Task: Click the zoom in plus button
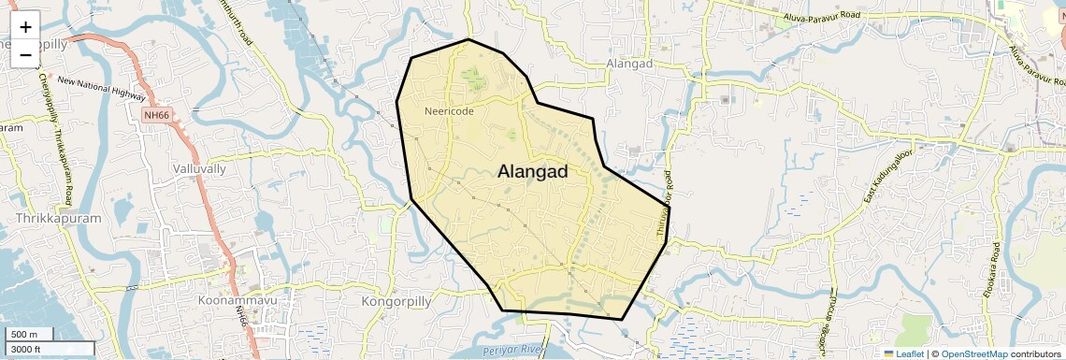pyautogui.click(x=25, y=27)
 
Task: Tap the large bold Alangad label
pyautogui.click(x=533, y=171)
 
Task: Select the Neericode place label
pyautogui.click(x=449, y=111)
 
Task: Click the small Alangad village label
pyautogui.click(x=629, y=64)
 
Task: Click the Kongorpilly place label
pyautogui.click(x=399, y=302)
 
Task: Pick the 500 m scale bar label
pyautogui.click(x=24, y=335)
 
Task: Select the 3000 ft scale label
pyautogui.click(x=25, y=349)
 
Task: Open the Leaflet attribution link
pyautogui.click(x=903, y=353)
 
